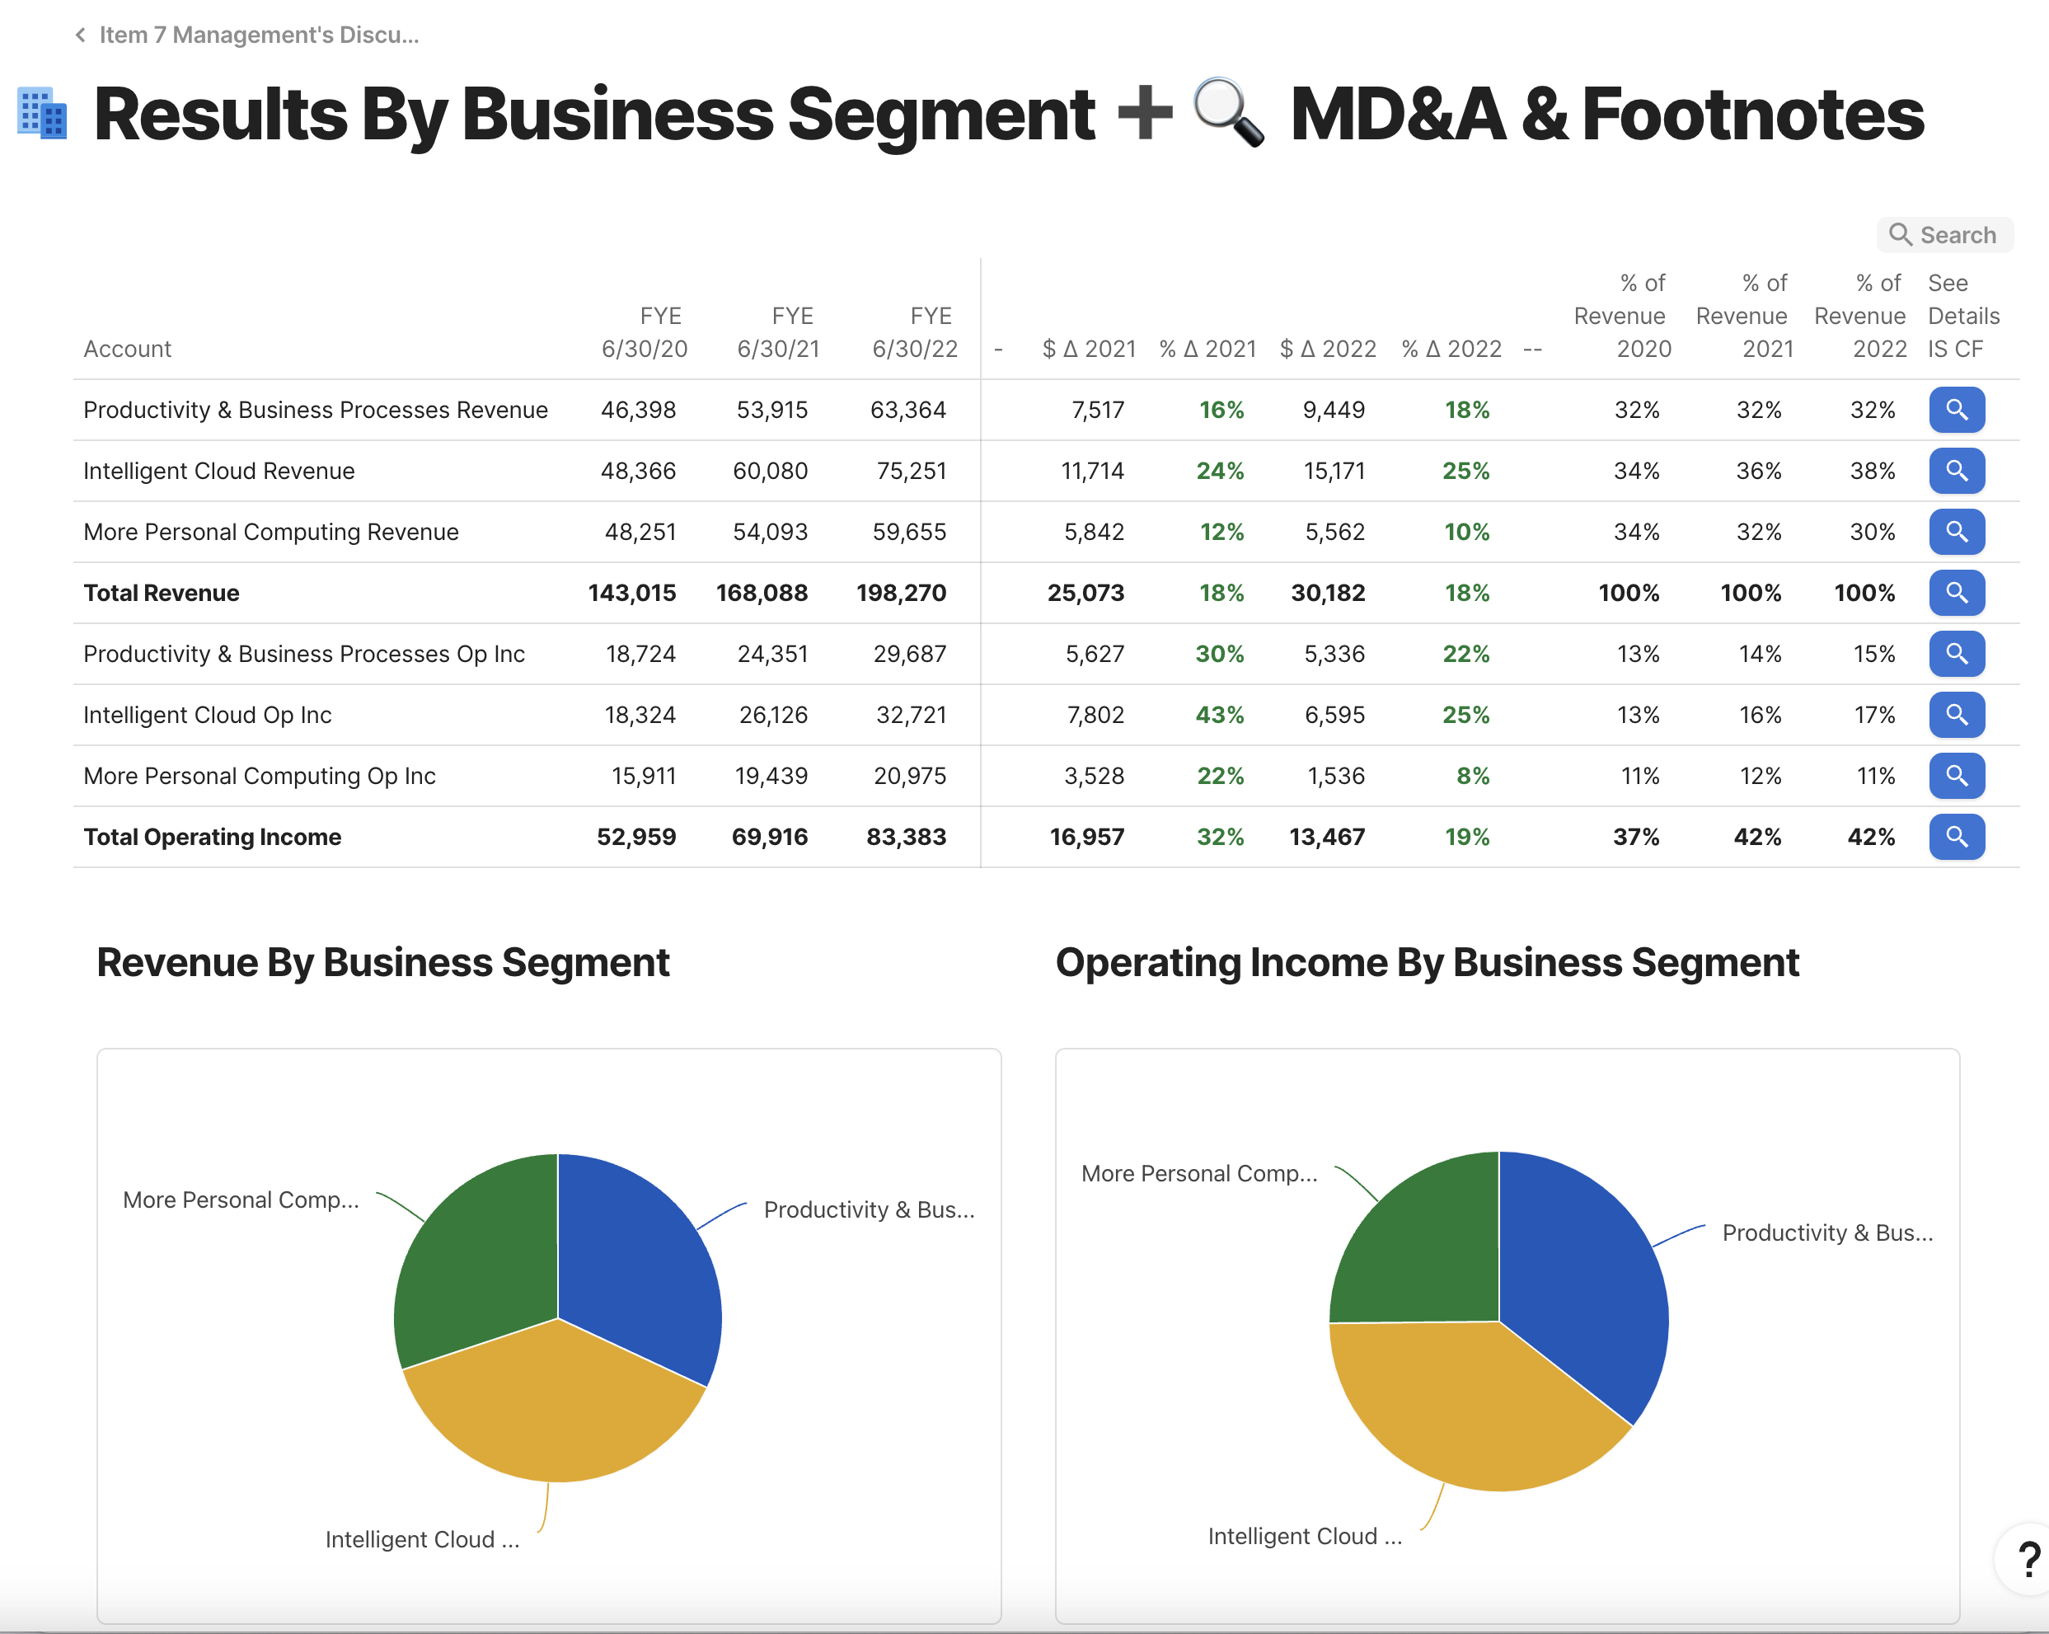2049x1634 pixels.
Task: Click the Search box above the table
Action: click(x=1944, y=235)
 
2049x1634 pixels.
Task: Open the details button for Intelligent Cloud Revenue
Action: click(x=1956, y=471)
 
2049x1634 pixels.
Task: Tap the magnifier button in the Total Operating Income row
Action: click(x=1956, y=837)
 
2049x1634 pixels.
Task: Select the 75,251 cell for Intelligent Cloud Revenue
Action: click(x=911, y=471)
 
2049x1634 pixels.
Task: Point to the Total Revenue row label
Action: click(x=162, y=593)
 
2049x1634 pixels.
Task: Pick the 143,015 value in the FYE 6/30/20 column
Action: click(x=632, y=593)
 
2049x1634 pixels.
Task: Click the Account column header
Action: click(x=128, y=349)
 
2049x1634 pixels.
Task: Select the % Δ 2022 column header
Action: click(x=1451, y=349)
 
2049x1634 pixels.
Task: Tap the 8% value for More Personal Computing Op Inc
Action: click(x=1472, y=776)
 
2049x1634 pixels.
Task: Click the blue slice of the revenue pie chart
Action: click(x=637, y=1255)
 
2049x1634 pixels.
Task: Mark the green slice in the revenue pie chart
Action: click(x=476, y=1255)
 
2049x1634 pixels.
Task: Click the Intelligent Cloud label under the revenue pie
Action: click(x=422, y=1539)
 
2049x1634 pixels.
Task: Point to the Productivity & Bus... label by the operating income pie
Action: click(x=1827, y=1233)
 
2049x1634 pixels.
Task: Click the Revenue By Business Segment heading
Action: click(x=383, y=962)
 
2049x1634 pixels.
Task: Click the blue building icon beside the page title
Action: click(x=43, y=114)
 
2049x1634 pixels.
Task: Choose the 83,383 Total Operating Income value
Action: click(x=906, y=837)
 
